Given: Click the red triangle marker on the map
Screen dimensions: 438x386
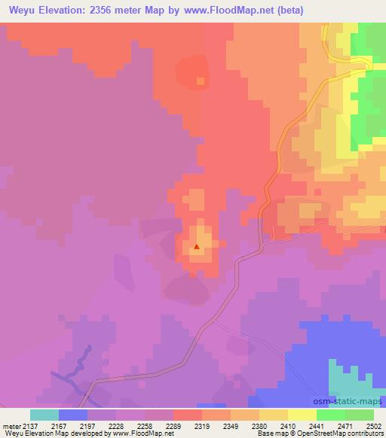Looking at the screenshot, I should [197, 246].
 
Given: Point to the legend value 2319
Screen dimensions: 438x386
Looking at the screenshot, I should [201, 425].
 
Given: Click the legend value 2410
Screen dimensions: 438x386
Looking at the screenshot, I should [287, 425].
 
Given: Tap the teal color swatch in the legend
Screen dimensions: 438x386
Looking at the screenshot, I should [44, 415].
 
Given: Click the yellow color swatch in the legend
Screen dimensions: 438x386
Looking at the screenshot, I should [302, 415].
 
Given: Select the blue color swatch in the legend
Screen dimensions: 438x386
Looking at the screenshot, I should [73, 415].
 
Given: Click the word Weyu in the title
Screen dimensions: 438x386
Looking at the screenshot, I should [22, 11].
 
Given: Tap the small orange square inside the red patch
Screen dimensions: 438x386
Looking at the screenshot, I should [201, 81].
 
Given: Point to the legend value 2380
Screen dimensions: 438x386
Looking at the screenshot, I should [259, 425].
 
